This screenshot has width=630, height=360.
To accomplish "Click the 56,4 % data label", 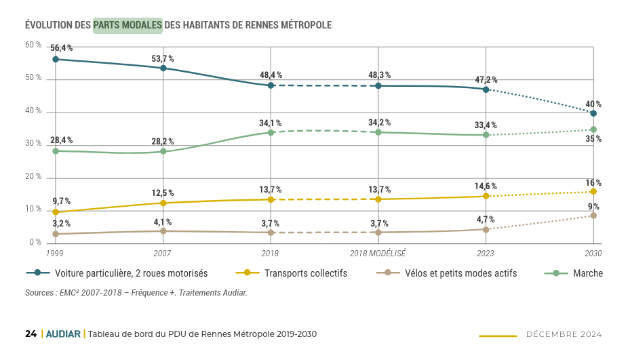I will [x=61, y=48].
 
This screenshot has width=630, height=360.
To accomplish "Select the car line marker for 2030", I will [x=593, y=113].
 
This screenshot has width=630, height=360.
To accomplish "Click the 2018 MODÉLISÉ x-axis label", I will [x=378, y=254].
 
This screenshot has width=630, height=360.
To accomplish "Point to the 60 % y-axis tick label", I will [x=33, y=45].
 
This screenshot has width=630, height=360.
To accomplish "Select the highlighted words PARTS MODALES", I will [x=127, y=25].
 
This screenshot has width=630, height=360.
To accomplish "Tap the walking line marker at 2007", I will [x=163, y=151].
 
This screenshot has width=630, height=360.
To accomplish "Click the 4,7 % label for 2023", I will [x=486, y=220].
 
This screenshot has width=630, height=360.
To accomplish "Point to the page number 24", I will [x=31, y=334].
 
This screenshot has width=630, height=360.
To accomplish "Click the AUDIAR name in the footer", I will [x=63, y=334].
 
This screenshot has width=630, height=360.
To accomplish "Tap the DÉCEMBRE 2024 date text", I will [x=564, y=334].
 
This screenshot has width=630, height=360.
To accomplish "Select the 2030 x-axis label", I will [x=593, y=254].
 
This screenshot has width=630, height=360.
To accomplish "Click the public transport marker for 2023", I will [x=486, y=197].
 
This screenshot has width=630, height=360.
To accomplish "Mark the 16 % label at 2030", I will [x=593, y=183].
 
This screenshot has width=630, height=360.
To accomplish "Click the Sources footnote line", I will [x=136, y=293].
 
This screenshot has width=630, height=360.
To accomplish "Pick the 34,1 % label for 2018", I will [x=271, y=123].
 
